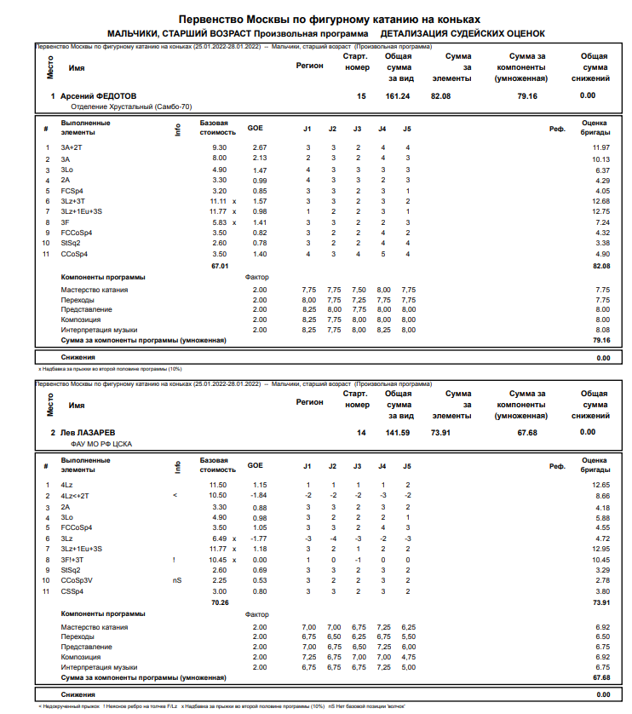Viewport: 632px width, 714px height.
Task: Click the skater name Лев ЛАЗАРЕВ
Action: pos(89,433)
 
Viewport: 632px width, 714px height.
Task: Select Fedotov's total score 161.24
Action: pos(397,96)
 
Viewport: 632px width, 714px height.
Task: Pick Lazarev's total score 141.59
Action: pos(397,433)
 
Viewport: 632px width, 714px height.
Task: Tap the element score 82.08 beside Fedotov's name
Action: pos(440,96)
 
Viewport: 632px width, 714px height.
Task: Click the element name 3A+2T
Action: pos(72,148)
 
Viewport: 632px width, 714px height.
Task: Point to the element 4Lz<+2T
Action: pos(75,495)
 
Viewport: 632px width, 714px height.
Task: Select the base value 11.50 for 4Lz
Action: pos(218,485)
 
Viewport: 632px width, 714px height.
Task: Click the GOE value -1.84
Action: pos(258,495)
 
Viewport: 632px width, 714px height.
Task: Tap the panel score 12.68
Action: pos(601,201)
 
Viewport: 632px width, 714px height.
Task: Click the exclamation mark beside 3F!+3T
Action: pos(174,560)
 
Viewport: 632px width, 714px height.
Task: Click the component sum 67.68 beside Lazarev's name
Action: pos(527,433)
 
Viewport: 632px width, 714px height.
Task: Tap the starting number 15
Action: pos(361,96)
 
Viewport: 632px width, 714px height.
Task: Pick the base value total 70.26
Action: pos(219,602)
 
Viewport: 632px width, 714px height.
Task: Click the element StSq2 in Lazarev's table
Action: pos(71,570)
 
